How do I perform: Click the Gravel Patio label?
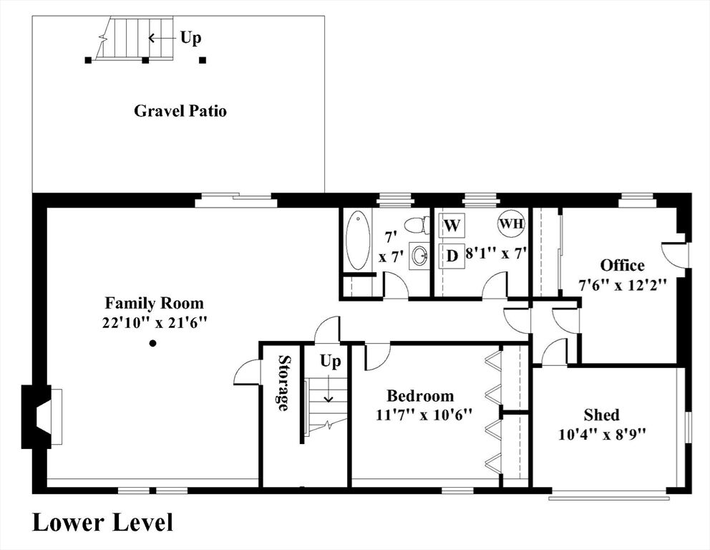coord(180,111)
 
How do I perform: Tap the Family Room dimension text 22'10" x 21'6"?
coord(155,322)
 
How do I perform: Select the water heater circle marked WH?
coord(512,224)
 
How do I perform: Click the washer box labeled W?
coord(452,225)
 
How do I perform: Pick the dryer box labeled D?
coord(452,256)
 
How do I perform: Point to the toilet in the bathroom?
coord(417,225)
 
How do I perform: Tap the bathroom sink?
coord(419,256)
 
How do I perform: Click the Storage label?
coord(283,383)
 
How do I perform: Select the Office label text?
coord(622,266)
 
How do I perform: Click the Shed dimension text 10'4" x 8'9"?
coord(602,435)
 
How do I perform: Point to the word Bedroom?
coord(420,396)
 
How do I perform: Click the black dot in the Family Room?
coord(153,344)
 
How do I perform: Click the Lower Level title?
coord(103,522)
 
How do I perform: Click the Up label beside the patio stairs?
coord(190,38)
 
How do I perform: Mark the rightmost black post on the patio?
coord(203,60)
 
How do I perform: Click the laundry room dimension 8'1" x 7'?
coord(496,254)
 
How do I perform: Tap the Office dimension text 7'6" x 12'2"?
coord(623,285)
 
